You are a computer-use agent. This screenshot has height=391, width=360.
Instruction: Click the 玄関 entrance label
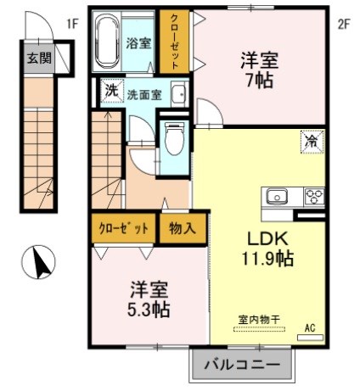(x=37, y=59)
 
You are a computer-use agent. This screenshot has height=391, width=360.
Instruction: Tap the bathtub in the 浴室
(x=107, y=42)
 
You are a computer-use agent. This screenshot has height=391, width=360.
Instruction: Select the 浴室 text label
(x=138, y=42)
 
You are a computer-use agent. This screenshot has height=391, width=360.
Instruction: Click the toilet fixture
(x=175, y=137)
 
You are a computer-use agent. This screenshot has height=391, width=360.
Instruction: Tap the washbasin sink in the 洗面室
(x=177, y=93)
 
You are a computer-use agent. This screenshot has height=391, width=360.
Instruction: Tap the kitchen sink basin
(x=278, y=197)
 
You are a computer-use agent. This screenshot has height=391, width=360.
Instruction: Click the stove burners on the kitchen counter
(x=313, y=197)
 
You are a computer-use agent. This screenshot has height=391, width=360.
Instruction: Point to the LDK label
(x=266, y=238)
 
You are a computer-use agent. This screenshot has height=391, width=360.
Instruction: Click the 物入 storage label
(x=182, y=227)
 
